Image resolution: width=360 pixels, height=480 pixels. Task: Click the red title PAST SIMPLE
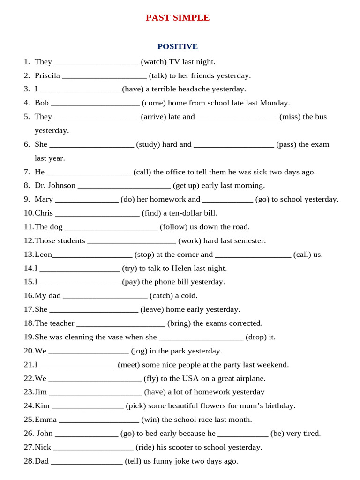(x=178, y=18)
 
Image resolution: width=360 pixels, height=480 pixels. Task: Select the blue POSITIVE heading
(x=178, y=46)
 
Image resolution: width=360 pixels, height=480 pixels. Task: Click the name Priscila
(x=47, y=75)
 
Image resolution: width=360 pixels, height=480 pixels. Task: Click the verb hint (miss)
(x=290, y=117)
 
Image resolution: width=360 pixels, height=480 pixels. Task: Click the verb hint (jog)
(x=139, y=351)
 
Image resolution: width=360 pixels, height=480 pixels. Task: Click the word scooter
(x=187, y=447)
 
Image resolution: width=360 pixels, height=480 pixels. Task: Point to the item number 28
(x=29, y=461)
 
